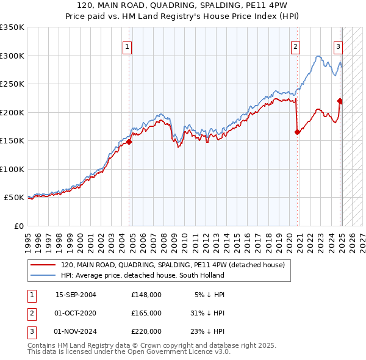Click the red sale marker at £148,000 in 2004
[x=129, y=142]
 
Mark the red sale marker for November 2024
[x=340, y=101]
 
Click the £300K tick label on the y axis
[x=12, y=56]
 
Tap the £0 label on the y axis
[x=18, y=226]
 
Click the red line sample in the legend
[x=43, y=265]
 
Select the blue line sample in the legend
[x=43, y=276]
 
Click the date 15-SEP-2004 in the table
[x=76, y=295]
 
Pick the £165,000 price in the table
[x=146, y=313]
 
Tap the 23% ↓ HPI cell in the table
[x=207, y=331]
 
